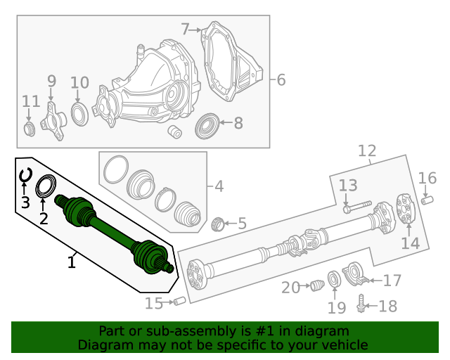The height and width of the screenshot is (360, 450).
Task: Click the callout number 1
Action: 71,262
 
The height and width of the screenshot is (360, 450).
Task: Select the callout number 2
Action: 43,219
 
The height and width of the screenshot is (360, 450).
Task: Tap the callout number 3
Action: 25,203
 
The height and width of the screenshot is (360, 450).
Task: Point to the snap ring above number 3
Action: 25,174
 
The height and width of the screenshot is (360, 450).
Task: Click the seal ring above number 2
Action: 45,186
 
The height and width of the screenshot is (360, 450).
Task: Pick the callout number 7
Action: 186,29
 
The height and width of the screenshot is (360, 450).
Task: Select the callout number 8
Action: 238,124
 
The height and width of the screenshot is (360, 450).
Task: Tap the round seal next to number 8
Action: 208,125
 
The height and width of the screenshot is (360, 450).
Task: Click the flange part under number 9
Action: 52,120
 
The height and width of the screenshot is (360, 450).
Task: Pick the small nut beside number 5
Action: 218,224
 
